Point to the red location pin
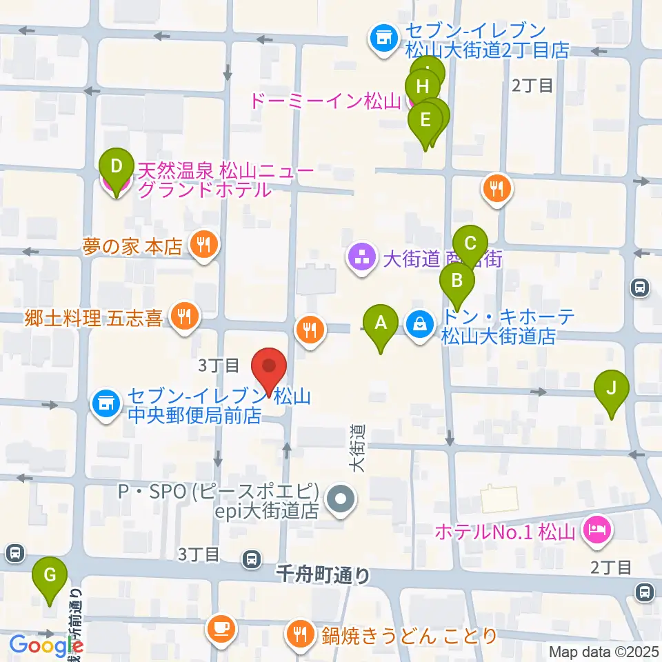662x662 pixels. (x=269, y=366)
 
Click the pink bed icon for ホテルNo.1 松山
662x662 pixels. (x=594, y=530)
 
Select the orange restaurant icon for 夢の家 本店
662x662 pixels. (x=203, y=244)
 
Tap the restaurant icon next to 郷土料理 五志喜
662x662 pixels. (x=183, y=317)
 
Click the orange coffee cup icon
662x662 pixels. (x=221, y=628)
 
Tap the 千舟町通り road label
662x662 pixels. (x=322, y=574)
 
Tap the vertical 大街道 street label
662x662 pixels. (x=357, y=448)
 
